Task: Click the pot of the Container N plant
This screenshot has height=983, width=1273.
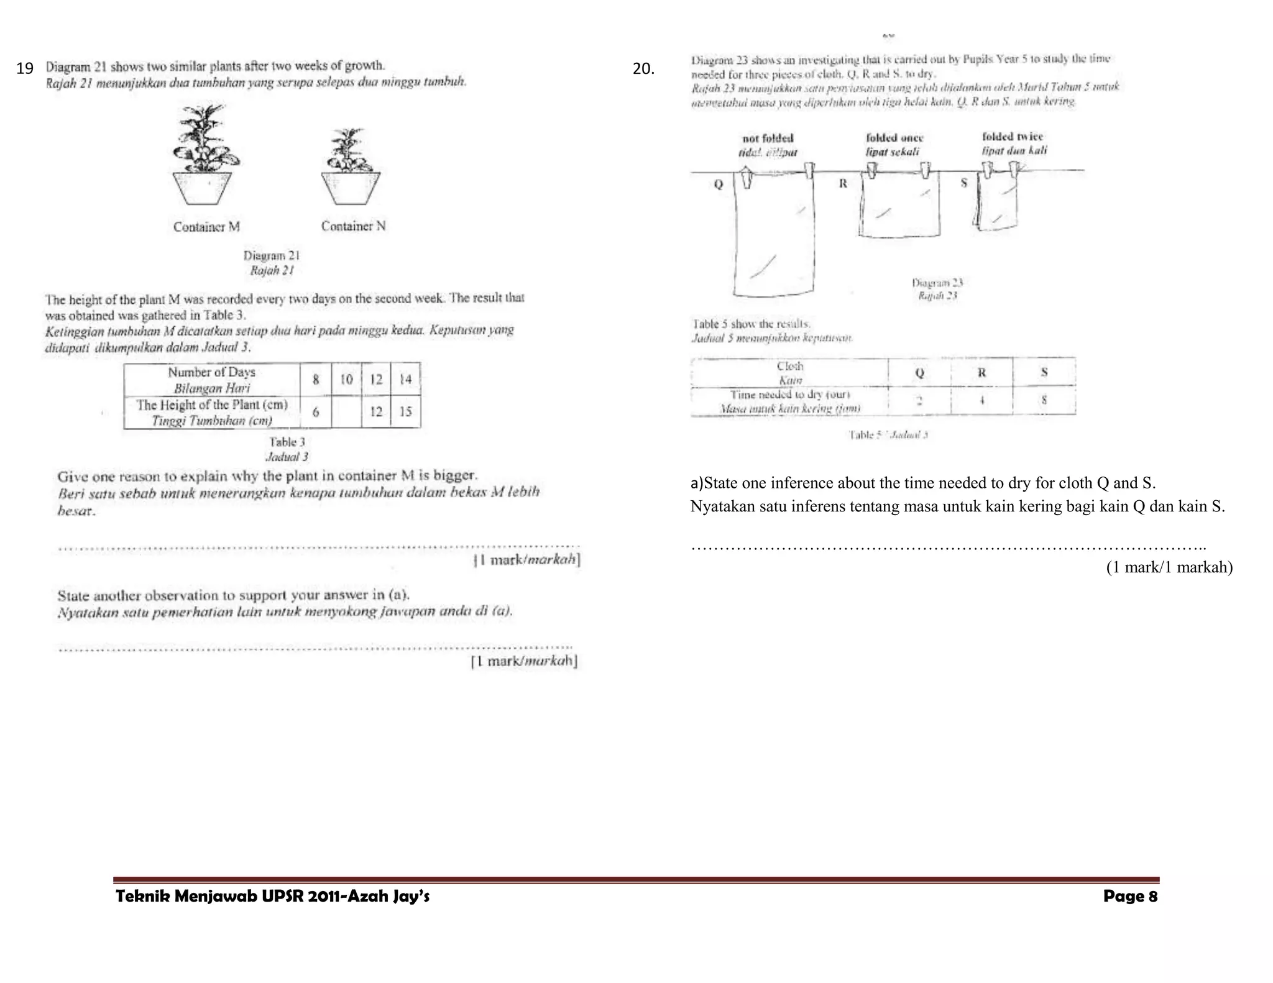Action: [351, 188]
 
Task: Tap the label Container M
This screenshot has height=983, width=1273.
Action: [206, 227]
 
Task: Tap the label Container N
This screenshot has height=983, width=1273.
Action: [353, 226]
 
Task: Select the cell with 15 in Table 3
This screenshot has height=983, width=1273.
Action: [405, 411]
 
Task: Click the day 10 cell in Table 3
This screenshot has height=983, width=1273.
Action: [346, 379]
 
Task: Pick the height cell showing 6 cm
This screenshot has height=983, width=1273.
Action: [316, 411]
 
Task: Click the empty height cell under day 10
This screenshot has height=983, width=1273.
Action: [346, 411]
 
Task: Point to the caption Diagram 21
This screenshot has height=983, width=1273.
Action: [272, 255]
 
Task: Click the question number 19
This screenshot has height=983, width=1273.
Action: [24, 68]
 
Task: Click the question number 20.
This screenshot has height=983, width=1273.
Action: [643, 68]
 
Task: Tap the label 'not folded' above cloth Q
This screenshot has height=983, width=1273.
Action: [768, 138]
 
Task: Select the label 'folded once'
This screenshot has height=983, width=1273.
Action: [894, 137]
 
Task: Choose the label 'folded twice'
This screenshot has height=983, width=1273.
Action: [1013, 136]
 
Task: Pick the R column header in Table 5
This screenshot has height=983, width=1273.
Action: [981, 372]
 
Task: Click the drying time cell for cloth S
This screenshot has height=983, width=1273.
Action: [1044, 401]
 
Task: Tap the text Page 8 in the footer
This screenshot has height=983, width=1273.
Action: [1130, 896]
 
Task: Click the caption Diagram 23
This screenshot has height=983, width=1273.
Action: [937, 283]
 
